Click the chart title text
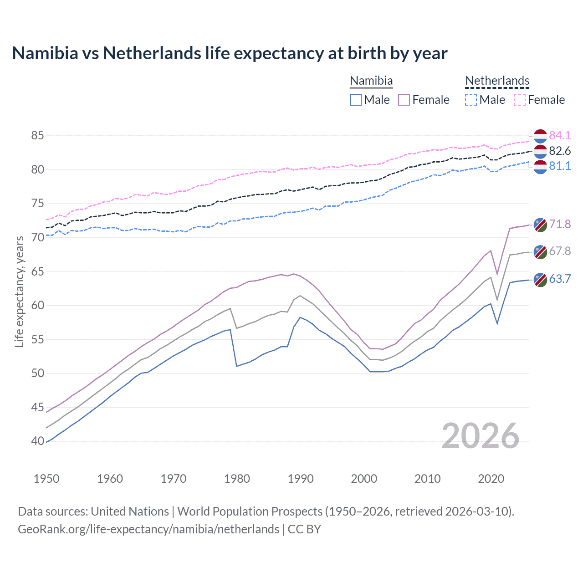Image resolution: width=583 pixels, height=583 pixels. (230, 53)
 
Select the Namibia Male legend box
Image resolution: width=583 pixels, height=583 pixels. (356, 100)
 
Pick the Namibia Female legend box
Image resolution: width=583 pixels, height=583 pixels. (404, 100)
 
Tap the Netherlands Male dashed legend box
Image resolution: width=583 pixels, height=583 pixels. (471, 100)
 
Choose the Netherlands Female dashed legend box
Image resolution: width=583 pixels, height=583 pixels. (520, 100)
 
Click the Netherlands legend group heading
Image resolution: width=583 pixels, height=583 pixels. (497, 81)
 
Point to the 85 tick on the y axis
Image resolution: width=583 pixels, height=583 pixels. (38, 135)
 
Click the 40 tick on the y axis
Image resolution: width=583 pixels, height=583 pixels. (38, 441)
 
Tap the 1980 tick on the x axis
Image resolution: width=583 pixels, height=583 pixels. (237, 479)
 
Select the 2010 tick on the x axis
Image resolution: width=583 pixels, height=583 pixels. (428, 479)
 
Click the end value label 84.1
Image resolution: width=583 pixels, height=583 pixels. (560, 135)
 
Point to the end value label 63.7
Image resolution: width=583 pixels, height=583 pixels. (560, 279)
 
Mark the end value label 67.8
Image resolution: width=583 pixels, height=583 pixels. (560, 251)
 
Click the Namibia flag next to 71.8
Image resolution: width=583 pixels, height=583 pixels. (540, 225)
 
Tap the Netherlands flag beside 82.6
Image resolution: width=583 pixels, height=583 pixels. (540, 151)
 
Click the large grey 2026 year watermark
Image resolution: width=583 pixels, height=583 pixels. (481, 436)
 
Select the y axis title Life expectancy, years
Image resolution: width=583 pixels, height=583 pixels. (19, 291)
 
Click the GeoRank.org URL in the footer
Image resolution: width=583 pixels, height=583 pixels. (148, 529)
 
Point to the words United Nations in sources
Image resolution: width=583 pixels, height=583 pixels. (130, 511)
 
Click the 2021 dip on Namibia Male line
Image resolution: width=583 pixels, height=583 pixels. (497, 323)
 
